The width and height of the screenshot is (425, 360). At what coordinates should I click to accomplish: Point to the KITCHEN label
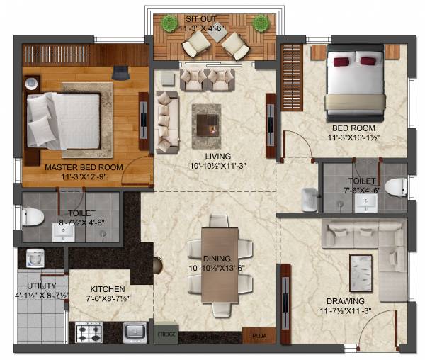[108, 289]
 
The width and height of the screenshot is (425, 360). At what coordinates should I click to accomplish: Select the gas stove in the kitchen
[89, 332]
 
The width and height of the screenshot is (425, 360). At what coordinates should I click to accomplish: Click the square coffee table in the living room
[206, 120]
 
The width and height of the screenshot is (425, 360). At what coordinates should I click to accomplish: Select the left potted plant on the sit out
[169, 24]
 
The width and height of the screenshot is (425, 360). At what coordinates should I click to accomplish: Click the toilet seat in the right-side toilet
[397, 187]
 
